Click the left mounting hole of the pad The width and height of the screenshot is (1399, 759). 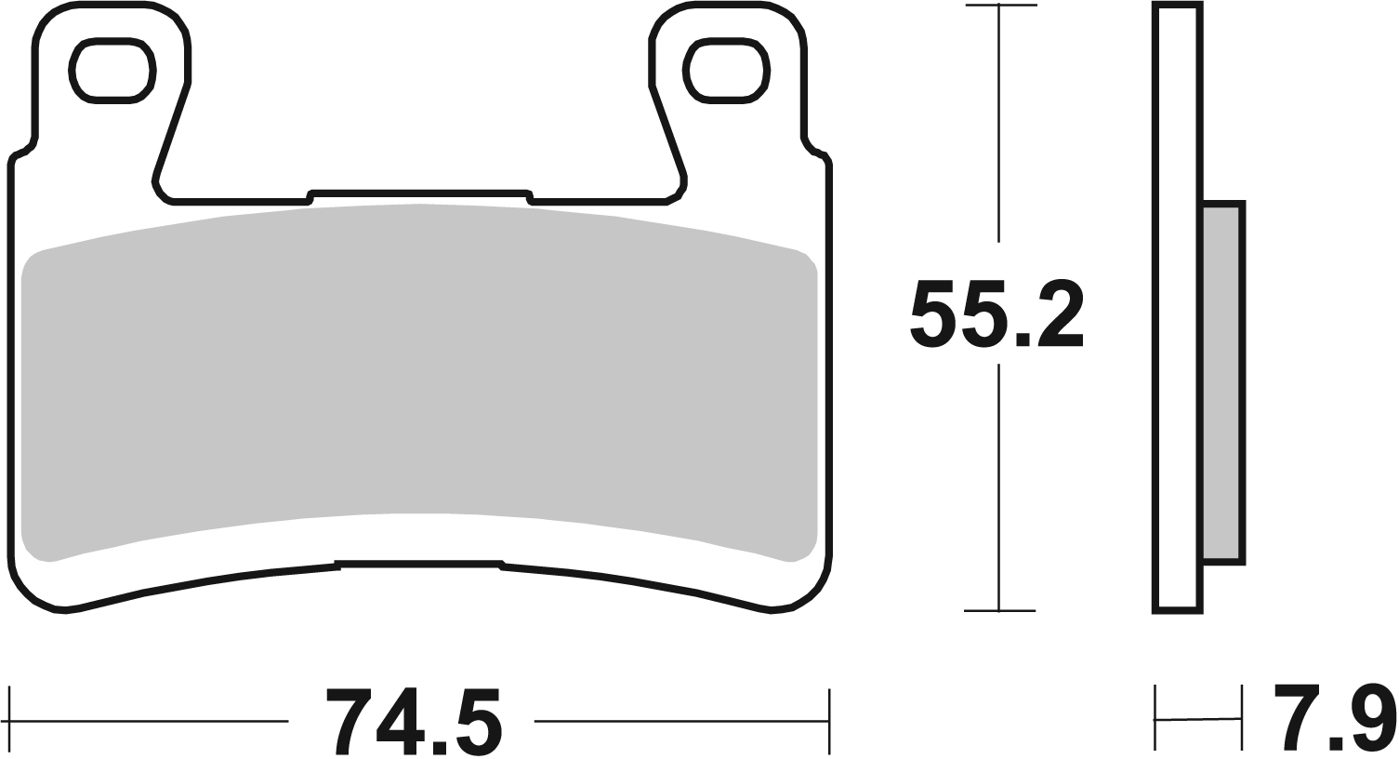click(x=112, y=70)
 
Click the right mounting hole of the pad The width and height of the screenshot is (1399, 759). click(x=726, y=70)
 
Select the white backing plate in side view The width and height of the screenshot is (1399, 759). click(x=1177, y=307)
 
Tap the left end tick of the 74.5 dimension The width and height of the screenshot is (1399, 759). click(x=9, y=721)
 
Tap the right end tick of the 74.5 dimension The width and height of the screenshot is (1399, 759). click(x=828, y=721)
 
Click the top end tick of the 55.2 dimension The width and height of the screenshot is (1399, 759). click(x=999, y=6)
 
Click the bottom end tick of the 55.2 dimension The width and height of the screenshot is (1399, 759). click(x=999, y=611)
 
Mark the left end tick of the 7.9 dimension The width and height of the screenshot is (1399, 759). click(x=1155, y=718)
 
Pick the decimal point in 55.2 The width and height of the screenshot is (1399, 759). click(x=1022, y=340)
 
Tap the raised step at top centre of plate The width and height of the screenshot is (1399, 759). click(x=418, y=193)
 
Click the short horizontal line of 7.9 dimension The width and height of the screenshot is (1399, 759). click(x=1198, y=718)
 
